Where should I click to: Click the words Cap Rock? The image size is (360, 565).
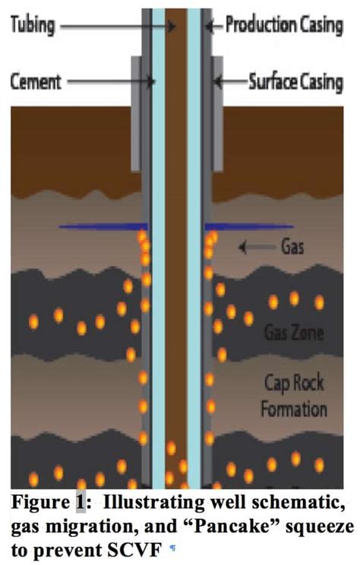(x=293, y=382)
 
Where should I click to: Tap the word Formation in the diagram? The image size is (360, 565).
(x=293, y=409)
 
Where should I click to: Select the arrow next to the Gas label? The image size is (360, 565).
(x=254, y=246)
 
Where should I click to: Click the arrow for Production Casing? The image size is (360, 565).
(x=215, y=25)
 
